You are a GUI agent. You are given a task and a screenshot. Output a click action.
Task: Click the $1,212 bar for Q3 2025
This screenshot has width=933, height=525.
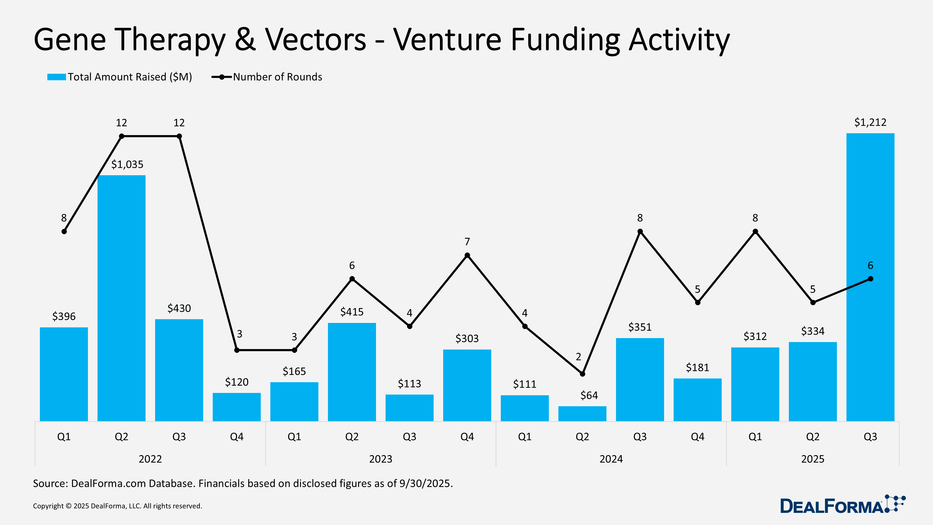[x=870, y=277]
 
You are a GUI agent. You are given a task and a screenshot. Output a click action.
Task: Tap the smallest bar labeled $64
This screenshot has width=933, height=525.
[x=582, y=413]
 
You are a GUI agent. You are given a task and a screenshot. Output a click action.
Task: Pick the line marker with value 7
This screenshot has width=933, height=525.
[x=467, y=255]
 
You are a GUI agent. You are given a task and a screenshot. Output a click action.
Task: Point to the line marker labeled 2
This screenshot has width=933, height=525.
[x=582, y=374]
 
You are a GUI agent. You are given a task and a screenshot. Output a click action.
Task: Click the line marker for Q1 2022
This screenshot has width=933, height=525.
[x=64, y=231]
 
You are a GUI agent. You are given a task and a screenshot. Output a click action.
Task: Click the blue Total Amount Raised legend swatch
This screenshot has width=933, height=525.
[x=56, y=77]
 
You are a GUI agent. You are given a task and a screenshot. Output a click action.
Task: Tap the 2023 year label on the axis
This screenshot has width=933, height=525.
[x=380, y=459]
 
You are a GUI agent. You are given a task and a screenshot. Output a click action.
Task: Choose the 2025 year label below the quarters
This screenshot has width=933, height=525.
[x=812, y=459]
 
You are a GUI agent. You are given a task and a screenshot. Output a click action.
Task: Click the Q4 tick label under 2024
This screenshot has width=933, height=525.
[x=697, y=437]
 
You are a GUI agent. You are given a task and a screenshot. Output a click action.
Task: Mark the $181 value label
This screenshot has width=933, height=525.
[x=697, y=368]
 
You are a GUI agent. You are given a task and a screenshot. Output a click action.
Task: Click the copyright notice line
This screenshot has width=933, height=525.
[x=117, y=506]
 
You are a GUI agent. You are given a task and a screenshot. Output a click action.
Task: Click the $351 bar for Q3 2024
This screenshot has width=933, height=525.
[x=640, y=379]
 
